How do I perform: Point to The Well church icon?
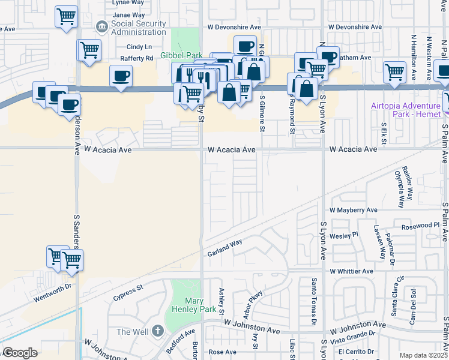[x=158, y=331]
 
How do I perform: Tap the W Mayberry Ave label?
[x=354, y=210]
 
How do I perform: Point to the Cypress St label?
[x=128, y=292]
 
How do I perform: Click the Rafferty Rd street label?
[x=137, y=58]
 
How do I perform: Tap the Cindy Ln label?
[x=139, y=47]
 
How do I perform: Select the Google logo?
[x=20, y=353]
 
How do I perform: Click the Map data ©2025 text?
[x=423, y=355]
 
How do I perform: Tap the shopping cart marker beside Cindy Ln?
[x=89, y=50]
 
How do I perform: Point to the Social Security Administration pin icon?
[x=102, y=28]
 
